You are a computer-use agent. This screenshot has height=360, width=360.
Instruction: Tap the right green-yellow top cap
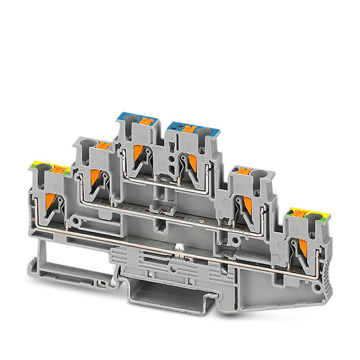pos(306,214)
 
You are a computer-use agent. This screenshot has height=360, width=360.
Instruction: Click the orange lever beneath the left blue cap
pos(141,153)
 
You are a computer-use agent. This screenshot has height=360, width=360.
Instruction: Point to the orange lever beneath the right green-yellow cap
pos(302,247)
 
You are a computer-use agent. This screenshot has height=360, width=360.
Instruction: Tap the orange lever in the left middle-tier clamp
pos(96,179)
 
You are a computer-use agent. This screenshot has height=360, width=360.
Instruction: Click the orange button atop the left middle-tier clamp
pos(103,146)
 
